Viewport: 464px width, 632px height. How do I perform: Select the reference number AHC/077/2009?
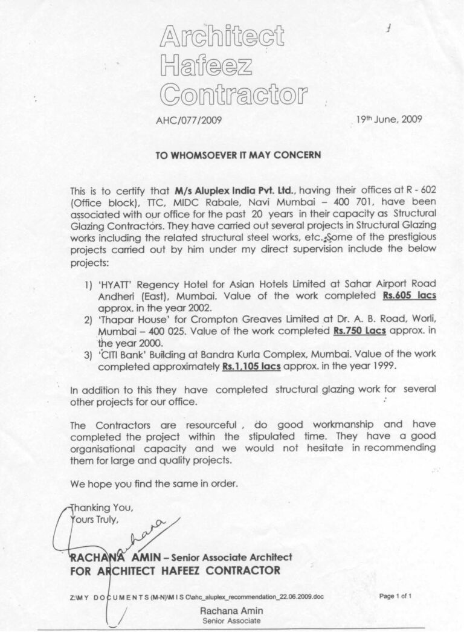click(188, 120)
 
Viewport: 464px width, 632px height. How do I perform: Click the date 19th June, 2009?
click(390, 119)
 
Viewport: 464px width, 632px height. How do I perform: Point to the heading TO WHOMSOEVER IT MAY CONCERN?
click(238, 155)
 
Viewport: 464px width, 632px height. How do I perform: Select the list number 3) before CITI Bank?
click(88, 355)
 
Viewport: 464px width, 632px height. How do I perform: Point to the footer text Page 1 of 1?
click(396, 596)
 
